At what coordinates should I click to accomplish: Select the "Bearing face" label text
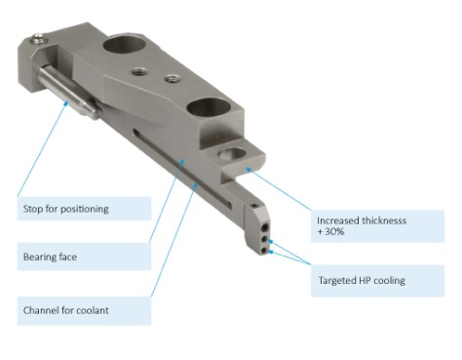point(50,257)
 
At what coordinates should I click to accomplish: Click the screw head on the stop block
point(39,39)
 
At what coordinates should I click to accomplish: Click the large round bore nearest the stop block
point(123,46)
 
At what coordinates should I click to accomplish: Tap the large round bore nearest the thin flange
point(209,108)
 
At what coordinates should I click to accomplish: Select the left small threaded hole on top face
point(138,70)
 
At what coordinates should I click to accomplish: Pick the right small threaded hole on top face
point(172,79)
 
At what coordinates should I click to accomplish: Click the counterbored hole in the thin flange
point(232,153)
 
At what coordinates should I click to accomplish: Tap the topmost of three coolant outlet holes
point(266,226)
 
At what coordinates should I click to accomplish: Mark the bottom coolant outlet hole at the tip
point(265,251)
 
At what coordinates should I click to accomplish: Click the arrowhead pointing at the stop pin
point(66,103)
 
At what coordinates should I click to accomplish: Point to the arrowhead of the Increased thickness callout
point(249,170)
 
